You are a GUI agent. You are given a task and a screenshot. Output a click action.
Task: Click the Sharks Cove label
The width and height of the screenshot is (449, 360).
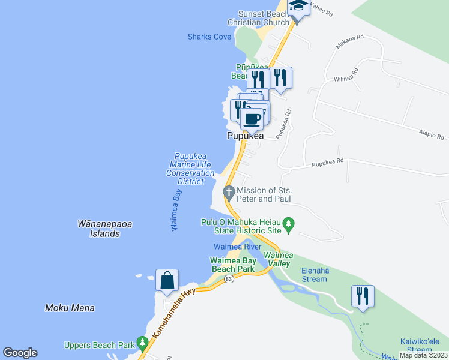209,37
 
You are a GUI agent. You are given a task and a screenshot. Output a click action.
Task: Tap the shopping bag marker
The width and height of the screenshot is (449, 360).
167,280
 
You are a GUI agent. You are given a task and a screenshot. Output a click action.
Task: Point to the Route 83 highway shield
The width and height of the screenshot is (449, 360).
228,280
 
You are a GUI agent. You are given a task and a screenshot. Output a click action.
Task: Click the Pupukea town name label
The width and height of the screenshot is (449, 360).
245,136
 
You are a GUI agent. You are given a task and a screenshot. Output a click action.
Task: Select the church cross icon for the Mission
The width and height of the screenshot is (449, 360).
228,193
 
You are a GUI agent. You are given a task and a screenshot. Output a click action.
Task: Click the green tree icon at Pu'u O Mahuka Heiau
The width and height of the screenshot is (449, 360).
289,226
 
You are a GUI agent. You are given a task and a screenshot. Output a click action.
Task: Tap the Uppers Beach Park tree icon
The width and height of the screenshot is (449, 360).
142,344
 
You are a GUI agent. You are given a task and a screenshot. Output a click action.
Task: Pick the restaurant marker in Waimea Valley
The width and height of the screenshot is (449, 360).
363,296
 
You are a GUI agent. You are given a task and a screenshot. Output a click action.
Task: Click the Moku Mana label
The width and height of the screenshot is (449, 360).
70,308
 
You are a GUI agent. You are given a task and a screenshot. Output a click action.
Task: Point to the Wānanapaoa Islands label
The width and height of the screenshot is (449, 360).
105,229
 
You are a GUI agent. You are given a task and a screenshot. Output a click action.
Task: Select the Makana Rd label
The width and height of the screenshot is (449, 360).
352,37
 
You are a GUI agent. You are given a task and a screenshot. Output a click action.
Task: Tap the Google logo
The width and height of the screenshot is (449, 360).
20,353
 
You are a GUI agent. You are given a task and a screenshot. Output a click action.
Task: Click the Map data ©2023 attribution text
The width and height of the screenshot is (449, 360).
423,355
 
